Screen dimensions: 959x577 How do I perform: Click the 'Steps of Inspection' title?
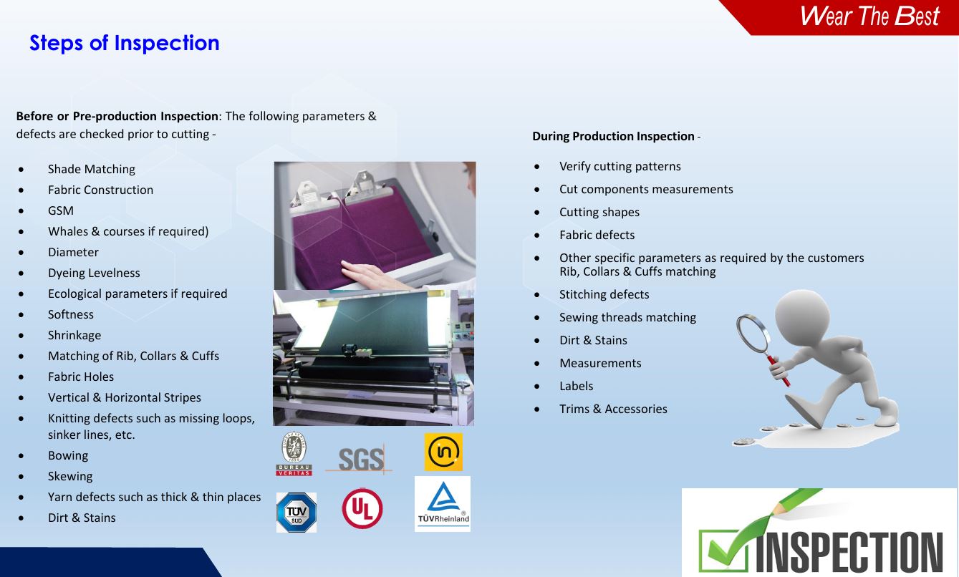point(124,43)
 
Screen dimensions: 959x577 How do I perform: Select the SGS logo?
point(360,460)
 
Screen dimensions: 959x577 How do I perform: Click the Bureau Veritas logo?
point(294,454)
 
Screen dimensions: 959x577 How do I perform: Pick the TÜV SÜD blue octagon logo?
point(297,513)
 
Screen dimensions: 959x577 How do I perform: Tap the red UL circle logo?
point(362,508)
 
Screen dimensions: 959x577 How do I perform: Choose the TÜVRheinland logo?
point(443,504)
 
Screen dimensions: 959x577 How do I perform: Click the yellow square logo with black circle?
point(443,452)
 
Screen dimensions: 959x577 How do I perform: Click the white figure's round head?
point(803,316)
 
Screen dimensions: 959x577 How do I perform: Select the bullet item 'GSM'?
point(61,210)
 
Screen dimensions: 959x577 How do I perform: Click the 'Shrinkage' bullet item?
point(74,335)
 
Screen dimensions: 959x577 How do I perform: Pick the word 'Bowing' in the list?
point(68,455)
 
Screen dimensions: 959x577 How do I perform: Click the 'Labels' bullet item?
point(577,386)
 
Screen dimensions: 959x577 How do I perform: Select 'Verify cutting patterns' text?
point(620,166)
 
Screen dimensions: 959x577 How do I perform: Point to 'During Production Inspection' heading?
point(613,136)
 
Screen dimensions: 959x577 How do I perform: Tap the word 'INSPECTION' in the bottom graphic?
point(849,551)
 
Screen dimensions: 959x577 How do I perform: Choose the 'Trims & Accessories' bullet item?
point(613,409)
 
